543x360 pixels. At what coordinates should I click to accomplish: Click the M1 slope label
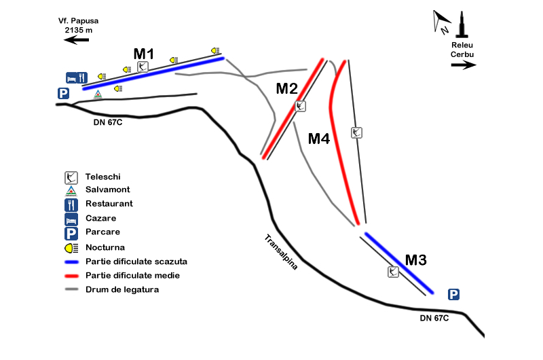point(144,54)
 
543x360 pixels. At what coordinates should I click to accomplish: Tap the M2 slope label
point(286,88)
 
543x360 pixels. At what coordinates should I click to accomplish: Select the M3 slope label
point(416,259)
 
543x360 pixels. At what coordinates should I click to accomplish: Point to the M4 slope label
point(319,139)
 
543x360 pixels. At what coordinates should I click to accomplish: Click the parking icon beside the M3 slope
point(454,294)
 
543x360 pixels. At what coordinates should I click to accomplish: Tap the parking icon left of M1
point(64,94)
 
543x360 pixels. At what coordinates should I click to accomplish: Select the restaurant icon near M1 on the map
point(82,77)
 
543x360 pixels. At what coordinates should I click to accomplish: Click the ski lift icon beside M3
point(393,272)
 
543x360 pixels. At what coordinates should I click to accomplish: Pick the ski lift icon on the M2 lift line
point(301,106)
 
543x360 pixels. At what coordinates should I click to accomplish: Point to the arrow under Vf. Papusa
point(77,41)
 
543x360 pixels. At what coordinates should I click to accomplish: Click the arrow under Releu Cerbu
point(464,65)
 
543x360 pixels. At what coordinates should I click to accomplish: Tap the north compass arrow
point(441,20)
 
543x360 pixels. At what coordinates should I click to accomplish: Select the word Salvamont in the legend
point(107,190)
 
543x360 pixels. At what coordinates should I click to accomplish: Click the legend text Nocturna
point(105,247)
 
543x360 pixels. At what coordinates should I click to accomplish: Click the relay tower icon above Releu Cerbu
point(463,26)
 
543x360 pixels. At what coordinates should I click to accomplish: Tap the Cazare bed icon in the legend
point(71,219)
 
